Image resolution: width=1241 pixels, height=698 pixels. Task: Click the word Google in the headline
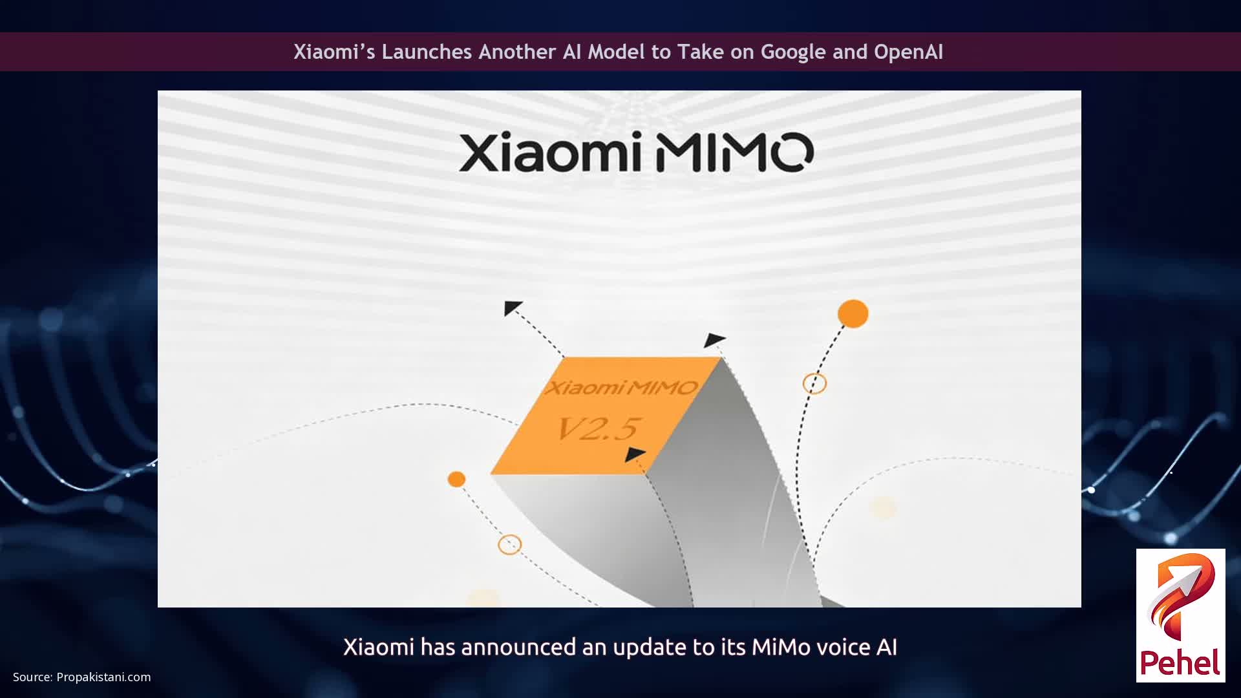point(793,52)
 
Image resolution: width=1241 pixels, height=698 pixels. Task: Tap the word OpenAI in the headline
point(908,52)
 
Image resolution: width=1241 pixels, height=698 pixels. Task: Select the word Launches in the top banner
point(427,52)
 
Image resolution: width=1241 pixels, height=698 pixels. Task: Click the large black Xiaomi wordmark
point(550,153)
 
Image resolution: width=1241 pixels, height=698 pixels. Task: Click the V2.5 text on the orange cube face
point(598,428)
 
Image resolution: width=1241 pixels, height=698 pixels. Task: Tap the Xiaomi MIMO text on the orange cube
point(620,388)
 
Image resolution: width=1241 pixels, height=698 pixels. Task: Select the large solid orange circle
point(853,314)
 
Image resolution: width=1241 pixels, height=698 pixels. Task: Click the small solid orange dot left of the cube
point(456,479)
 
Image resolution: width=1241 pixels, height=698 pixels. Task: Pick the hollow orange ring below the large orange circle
point(814,383)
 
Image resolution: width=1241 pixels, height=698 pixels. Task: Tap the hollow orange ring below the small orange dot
point(509,544)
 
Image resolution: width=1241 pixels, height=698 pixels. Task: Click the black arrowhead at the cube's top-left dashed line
point(512,308)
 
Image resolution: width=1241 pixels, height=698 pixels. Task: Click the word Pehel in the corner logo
point(1180,662)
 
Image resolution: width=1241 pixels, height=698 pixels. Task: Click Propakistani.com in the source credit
point(103,677)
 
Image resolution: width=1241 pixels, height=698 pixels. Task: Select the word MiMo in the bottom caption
point(781,647)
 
